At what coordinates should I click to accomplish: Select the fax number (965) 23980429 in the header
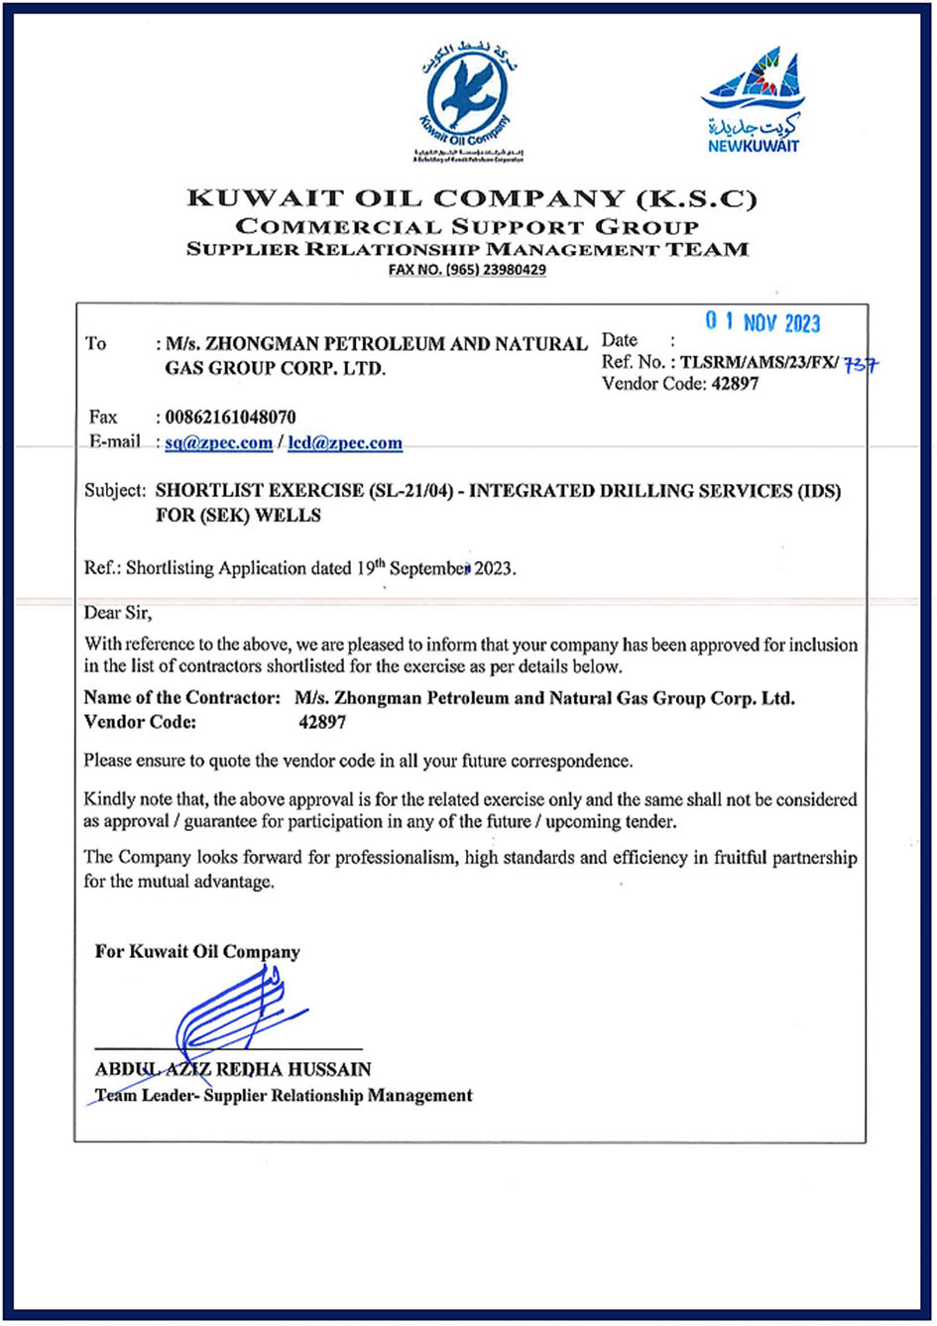point(467,270)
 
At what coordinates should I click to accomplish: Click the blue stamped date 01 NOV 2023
point(762,323)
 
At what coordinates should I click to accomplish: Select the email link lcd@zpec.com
point(345,443)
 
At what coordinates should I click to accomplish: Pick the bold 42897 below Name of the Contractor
point(321,723)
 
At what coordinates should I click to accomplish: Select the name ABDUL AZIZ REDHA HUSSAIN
point(233,1070)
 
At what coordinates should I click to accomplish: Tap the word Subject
point(114,491)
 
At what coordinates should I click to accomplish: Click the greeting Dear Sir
point(117,614)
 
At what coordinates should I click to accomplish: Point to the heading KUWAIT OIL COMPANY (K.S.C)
point(472,199)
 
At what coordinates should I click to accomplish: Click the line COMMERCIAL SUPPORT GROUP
point(467,227)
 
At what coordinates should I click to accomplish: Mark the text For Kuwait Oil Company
point(197,952)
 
